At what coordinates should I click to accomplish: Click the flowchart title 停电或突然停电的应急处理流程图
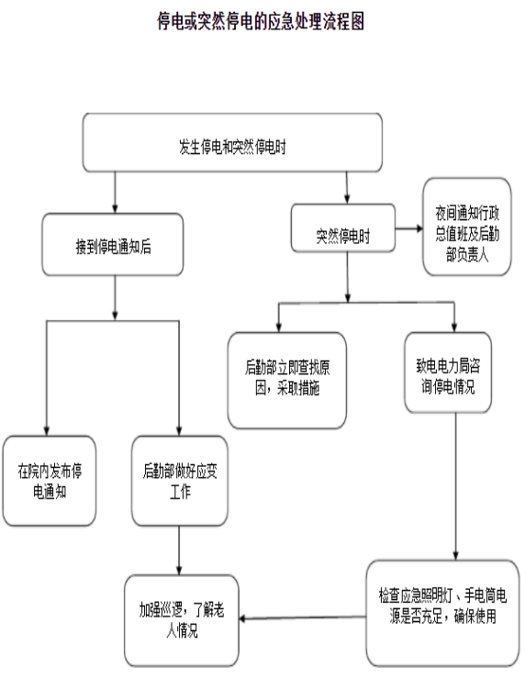coord(261,21)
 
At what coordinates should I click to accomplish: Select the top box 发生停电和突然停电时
coord(232,142)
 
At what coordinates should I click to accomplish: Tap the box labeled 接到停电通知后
coord(113,245)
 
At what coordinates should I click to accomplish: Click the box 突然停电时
coord(343,228)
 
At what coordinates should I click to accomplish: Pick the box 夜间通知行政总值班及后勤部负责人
coord(467,227)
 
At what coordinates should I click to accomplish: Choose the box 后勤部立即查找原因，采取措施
coord(287,381)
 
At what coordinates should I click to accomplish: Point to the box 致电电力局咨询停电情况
coord(448,372)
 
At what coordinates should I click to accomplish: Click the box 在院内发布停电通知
coord(50,481)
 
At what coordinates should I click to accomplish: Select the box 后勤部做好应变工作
coord(180,481)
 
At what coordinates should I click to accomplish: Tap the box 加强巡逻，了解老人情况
coord(182,620)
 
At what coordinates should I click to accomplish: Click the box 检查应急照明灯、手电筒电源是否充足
coord(442,614)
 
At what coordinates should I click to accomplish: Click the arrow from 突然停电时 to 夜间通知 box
coord(408,228)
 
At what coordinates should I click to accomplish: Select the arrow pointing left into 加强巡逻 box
coord(303,617)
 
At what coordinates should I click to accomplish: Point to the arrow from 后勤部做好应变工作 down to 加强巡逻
coord(179,550)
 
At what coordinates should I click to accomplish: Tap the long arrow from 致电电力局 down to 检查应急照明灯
coord(456,486)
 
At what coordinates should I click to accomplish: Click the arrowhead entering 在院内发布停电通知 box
coord(47,431)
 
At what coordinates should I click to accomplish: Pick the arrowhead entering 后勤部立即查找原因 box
coord(278,328)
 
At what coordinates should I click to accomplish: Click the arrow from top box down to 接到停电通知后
coord(115,193)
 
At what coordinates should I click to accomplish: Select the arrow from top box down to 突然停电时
coord(347,188)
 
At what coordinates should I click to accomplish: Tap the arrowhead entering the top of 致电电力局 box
coord(454,328)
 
